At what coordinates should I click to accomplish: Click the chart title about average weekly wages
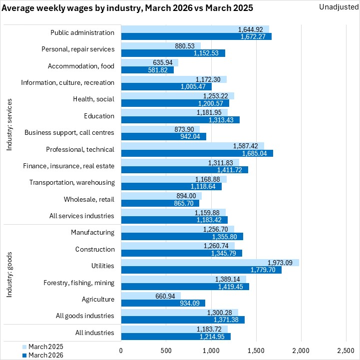(x=127, y=8)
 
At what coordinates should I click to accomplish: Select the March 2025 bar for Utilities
(x=210, y=263)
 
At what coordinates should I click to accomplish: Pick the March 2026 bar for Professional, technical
(x=197, y=153)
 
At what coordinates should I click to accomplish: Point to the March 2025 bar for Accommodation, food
(x=149, y=63)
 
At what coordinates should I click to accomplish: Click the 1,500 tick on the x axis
(x=256, y=351)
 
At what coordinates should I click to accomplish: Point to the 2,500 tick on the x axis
(x=346, y=351)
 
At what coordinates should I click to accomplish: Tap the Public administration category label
(x=82, y=33)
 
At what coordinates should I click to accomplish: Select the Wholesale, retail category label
(x=89, y=199)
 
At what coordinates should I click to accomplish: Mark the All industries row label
(x=96, y=333)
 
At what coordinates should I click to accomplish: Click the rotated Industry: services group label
(x=9, y=124)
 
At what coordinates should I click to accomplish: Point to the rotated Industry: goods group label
(x=9, y=274)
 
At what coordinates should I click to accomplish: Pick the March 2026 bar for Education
(x=180, y=120)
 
